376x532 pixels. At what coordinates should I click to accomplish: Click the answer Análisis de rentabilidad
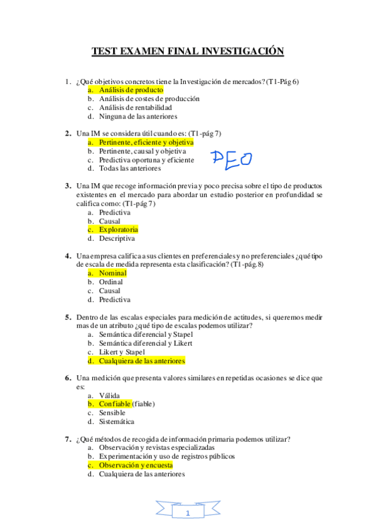135,107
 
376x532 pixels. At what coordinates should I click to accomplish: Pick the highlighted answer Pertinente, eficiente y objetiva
146,142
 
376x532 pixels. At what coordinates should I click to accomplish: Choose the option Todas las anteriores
129,168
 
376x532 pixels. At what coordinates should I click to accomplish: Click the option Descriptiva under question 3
117,238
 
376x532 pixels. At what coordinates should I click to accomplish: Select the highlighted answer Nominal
112,273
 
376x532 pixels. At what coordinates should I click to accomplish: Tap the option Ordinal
111,282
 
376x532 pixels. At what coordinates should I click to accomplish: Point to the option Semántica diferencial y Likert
145,343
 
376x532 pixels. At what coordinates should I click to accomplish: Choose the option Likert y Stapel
122,352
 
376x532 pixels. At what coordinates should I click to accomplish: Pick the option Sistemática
116,422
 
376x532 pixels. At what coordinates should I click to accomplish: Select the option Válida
109,395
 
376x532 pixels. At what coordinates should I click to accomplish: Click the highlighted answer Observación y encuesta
135,465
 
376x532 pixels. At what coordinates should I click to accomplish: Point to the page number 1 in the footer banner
187,514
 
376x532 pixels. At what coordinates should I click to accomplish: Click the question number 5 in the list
68,317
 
